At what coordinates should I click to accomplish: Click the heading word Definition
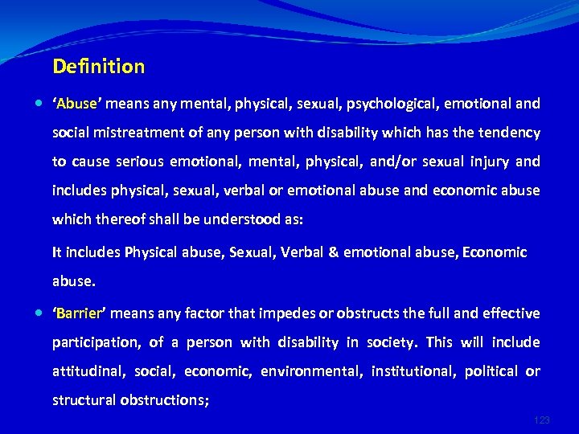[x=98, y=67]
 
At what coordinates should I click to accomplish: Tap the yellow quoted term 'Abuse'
[x=76, y=104]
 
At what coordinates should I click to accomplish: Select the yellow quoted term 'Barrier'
[x=79, y=313]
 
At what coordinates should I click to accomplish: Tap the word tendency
[x=511, y=133]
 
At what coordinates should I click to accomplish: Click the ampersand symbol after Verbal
[x=331, y=252]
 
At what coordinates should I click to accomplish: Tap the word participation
[x=96, y=342]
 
